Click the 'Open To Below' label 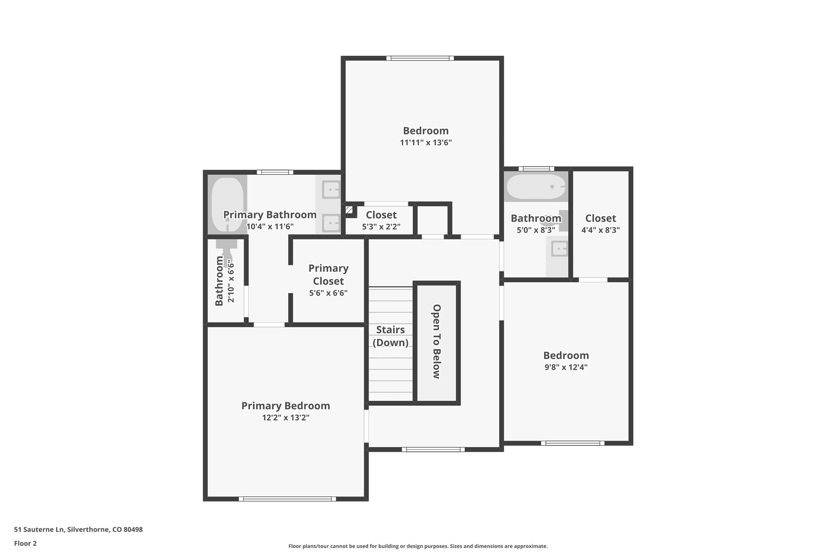(x=436, y=341)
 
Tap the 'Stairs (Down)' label (x=390, y=336)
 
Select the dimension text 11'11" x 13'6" (x=426, y=143)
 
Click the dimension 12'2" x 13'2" (x=286, y=418)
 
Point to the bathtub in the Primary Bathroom (x=227, y=204)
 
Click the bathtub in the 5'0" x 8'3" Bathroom (x=536, y=187)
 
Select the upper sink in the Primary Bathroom (x=331, y=189)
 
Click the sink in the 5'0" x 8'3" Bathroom (x=559, y=248)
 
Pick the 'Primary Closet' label (x=328, y=274)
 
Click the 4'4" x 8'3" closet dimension (x=601, y=230)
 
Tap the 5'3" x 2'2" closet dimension (x=381, y=227)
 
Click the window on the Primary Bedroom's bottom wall (x=287, y=499)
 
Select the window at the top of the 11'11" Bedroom (x=420, y=58)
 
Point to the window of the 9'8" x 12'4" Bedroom (x=572, y=443)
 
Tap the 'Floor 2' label (x=25, y=543)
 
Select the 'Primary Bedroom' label (x=286, y=405)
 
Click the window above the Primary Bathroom (x=275, y=172)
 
